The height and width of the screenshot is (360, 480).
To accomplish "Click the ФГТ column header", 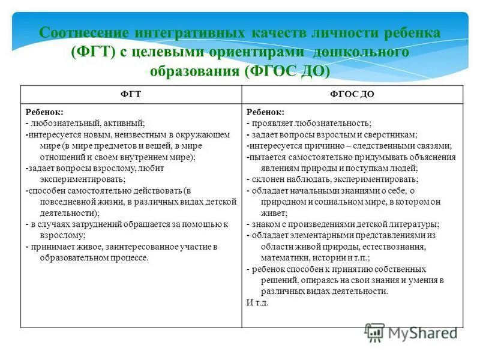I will [131, 95].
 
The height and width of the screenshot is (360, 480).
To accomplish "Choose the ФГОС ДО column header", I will [352, 95].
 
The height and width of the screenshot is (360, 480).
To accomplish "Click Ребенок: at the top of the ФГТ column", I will [44, 112].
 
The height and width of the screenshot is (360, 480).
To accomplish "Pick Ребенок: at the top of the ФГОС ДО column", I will [265, 112].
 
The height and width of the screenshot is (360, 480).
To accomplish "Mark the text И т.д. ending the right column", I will [257, 302].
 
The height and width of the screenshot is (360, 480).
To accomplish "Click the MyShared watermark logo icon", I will [374, 332].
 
